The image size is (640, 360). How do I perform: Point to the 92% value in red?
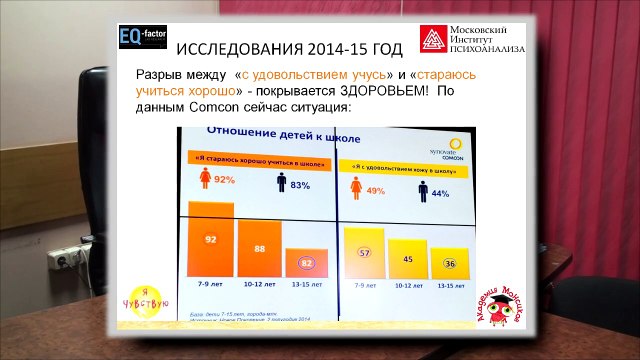click(x=222, y=180)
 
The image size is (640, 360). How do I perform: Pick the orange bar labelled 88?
click(x=259, y=251)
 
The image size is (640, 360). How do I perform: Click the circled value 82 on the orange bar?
click(x=306, y=263)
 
